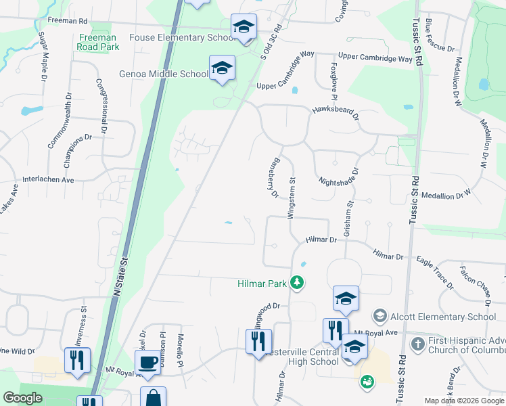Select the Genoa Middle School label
tap(163, 74)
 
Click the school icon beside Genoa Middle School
tap(221, 68)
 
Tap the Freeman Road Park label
tap(98, 42)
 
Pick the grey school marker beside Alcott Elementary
tap(379, 316)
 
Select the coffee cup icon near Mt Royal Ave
tap(148, 362)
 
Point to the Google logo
tap(23, 398)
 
